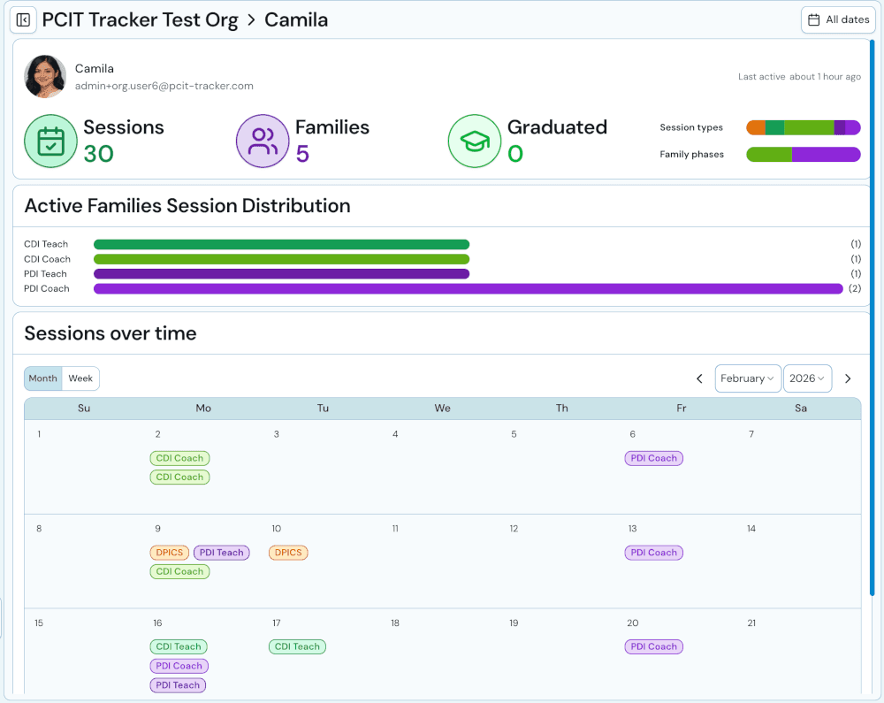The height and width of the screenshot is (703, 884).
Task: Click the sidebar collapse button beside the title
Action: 23,19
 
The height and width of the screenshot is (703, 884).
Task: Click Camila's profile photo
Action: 45,77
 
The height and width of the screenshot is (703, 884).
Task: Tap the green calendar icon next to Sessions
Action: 50,141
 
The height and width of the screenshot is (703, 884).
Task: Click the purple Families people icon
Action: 263,141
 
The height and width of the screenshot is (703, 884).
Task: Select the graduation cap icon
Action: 475,141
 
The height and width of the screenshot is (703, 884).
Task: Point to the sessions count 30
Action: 99,154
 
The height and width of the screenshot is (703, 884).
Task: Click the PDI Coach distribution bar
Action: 468,288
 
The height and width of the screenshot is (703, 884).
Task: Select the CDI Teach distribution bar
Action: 281,244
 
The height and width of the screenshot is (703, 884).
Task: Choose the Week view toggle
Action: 80,378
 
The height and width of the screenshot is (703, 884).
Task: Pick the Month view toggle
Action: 42,378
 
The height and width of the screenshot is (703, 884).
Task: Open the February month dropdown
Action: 747,378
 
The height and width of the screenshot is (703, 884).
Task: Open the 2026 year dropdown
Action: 807,378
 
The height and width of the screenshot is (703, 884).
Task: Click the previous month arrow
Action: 699,378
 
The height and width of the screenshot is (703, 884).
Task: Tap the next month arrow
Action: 848,378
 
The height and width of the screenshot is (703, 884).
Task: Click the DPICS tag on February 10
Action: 288,553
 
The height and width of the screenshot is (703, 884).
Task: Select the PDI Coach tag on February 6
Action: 654,458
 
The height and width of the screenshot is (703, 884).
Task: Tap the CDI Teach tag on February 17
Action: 297,646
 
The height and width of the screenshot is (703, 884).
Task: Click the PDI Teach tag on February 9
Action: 221,553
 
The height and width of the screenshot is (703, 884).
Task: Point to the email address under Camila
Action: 164,86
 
